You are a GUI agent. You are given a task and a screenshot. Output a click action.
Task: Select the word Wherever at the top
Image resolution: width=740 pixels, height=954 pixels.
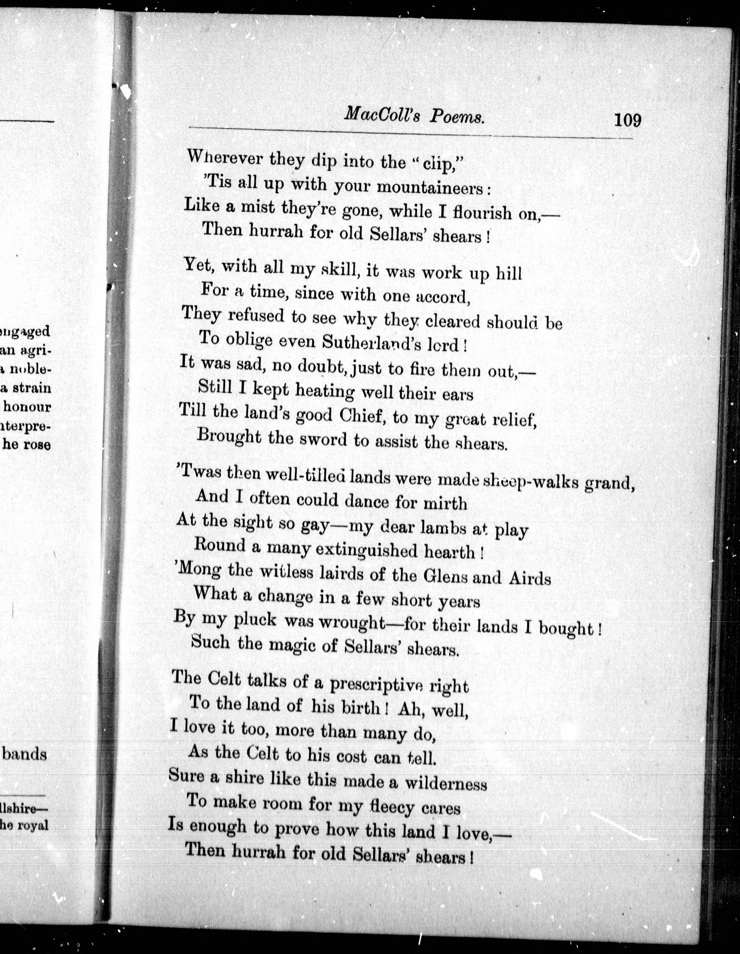tap(224, 157)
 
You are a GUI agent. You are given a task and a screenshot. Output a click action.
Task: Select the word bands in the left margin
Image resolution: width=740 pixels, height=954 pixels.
tap(25, 754)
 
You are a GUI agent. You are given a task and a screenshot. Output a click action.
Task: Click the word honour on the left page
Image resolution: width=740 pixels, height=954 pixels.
tap(27, 407)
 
